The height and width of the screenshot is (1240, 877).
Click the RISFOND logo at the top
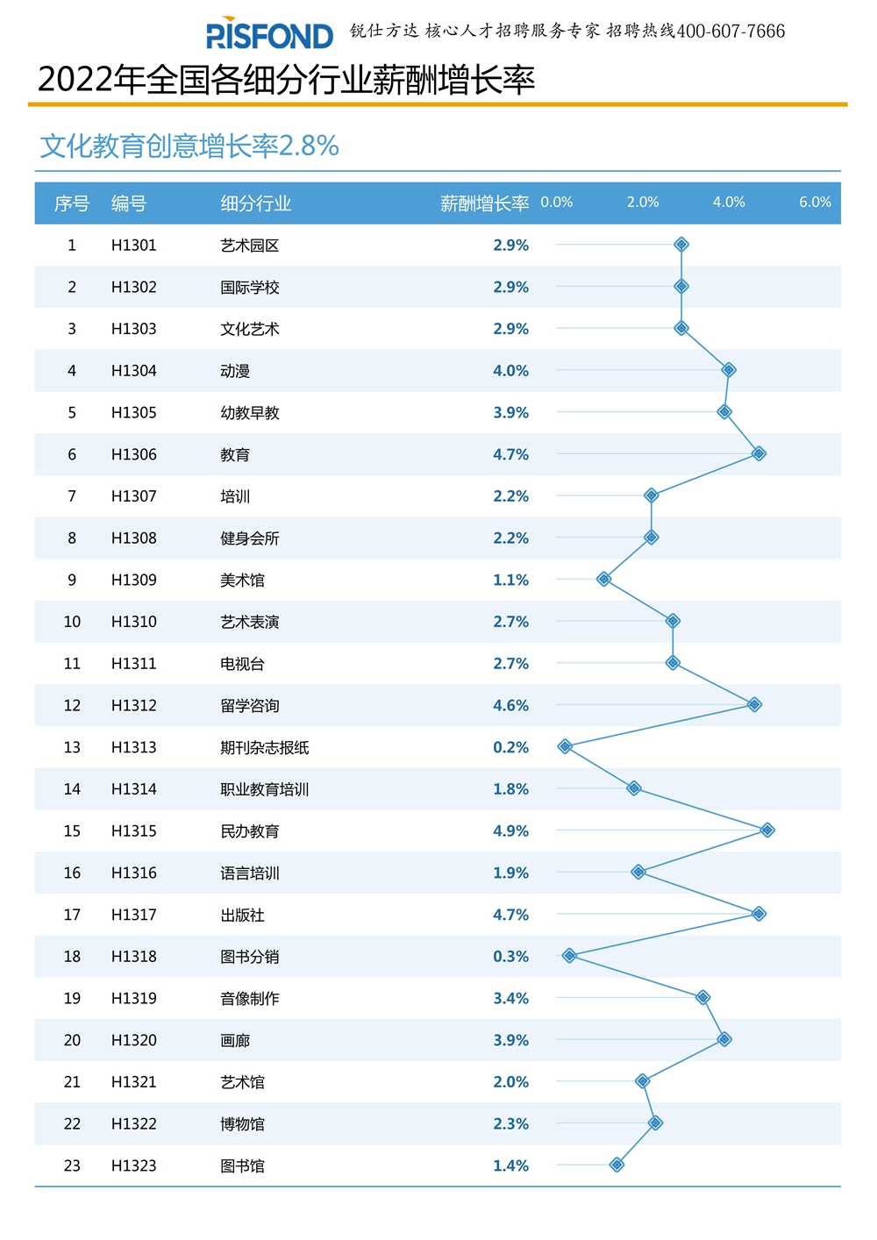(269, 34)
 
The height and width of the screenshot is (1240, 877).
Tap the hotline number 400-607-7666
(731, 32)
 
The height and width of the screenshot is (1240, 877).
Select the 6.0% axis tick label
(815, 203)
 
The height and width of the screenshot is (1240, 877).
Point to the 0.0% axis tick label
(556, 203)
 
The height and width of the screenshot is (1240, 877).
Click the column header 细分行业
(255, 203)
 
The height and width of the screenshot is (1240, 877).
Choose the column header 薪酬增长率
(484, 203)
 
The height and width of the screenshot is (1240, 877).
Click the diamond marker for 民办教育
(767, 830)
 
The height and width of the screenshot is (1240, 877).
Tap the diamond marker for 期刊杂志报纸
(565, 747)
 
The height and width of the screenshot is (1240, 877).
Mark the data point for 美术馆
(603, 580)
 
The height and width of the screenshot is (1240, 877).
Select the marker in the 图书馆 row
(617, 1165)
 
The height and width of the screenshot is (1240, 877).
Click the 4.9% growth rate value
(510, 831)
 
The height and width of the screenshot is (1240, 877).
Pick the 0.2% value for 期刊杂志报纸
(510, 748)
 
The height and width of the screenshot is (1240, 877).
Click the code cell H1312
(133, 706)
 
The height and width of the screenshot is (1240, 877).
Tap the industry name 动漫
(235, 371)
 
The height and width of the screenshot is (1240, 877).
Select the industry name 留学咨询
(249, 706)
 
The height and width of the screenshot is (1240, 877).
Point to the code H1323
(133, 1166)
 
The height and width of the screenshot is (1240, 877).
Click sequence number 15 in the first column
(72, 831)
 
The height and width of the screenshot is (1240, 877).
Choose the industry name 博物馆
(242, 1124)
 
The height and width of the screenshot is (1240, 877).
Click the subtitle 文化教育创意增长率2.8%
(189, 146)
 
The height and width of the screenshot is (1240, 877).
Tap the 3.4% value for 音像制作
(510, 999)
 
